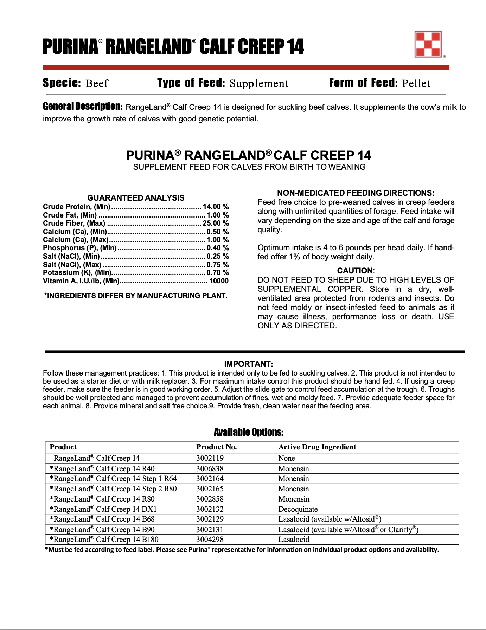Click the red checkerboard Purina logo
coord(428,44)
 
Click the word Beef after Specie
coord(97,83)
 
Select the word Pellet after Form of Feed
coord(416,83)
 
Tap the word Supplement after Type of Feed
coord(259,83)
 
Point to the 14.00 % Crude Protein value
coord(216,207)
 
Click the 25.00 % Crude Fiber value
coord(216,223)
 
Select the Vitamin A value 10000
coord(219,281)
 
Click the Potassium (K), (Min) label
coord(77,272)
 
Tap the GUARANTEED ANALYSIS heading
coord(136,198)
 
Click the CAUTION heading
coord(355,271)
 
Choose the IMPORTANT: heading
coord(248,364)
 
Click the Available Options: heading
coord(248,432)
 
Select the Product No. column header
coord(216,447)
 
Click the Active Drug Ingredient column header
coord(317,447)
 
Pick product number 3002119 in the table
coord(210,458)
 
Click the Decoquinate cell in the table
coord(298,509)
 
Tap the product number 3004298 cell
coord(210,540)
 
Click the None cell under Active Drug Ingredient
coord(287,458)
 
